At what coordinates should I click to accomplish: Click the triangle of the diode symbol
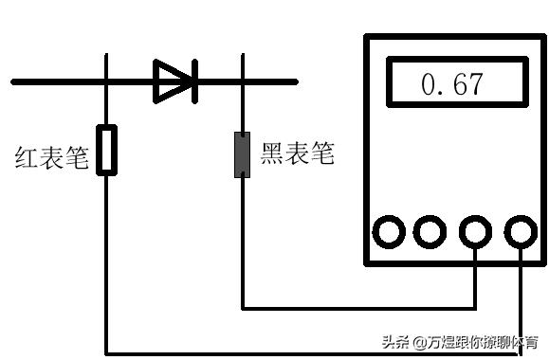point(172,81)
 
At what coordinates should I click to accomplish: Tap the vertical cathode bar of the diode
point(193,81)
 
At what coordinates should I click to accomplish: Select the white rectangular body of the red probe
point(107,150)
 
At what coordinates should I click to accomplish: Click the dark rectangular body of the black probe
point(243,155)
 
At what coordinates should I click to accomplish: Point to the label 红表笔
point(51,156)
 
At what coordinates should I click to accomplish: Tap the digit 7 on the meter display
point(472,85)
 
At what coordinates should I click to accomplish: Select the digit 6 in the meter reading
point(451,85)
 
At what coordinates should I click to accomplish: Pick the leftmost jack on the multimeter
point(390,231)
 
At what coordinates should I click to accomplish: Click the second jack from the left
point(430,231)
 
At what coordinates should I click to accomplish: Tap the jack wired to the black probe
point(474,231)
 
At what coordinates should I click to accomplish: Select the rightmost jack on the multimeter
point(520,231)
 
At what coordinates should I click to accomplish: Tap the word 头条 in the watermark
point(395,342)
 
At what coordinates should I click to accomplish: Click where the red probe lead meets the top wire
point(107,81)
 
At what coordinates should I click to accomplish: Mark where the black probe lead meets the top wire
point(244,81)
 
